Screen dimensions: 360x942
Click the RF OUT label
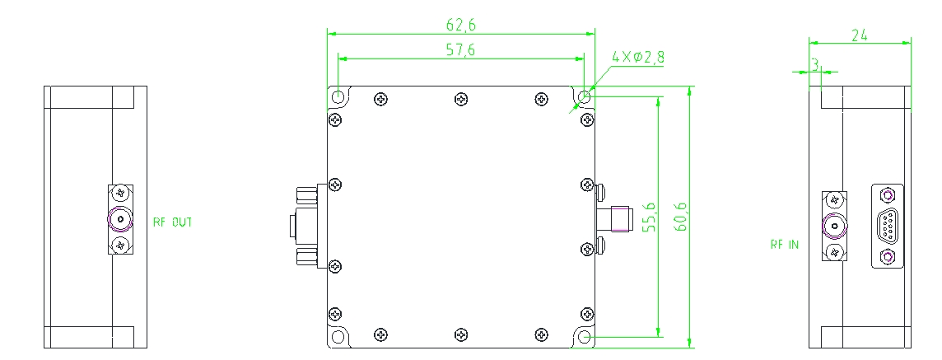[172, 222]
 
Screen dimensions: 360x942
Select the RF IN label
[784, 245]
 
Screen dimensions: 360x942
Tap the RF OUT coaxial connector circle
[121, 220]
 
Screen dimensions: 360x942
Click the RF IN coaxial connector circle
[835, 226]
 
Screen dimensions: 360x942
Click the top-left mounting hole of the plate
[338, 97]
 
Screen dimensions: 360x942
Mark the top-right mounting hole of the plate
[585, 97]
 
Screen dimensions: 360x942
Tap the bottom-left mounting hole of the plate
[338, 337]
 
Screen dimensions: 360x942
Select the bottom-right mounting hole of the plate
[585, 337]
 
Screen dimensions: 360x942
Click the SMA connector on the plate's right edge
[613, 218]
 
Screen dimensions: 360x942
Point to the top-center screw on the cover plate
[461, 100]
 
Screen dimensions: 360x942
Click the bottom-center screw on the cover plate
[461, 334]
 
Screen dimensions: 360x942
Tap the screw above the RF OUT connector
[121, 194]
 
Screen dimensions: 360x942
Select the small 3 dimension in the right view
[815, 63]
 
